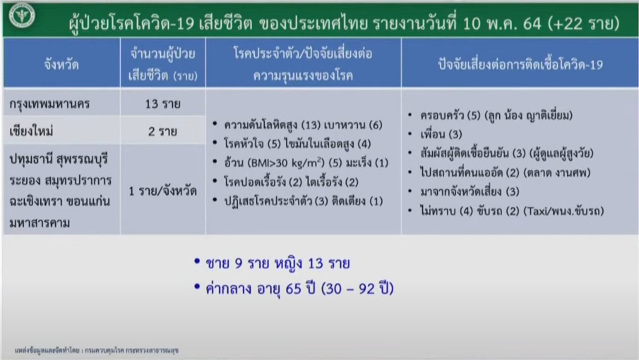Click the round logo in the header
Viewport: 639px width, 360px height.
[x=22, y=15]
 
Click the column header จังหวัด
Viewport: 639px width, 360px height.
[x=61, y=64]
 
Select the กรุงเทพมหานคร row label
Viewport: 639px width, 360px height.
[x=49, y=104]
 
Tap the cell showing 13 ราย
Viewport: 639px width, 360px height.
[x=162, y=104]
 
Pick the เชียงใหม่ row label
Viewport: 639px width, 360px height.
[x=31, y=131]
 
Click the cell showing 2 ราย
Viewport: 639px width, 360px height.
[x=162, y=131]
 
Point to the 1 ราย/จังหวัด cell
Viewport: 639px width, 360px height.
[x=162, y=191]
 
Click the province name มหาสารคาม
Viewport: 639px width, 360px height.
[x=40, y=223]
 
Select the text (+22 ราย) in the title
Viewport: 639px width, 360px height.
[x=584, y=23]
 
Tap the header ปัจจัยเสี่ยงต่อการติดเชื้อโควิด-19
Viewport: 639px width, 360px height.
[x=520, y=64]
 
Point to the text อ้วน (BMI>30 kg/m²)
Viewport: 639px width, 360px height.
[x=274, y=162]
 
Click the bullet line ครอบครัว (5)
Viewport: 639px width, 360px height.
[x=496, y=115]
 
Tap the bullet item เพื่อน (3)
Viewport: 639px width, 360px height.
[x=441, y=134]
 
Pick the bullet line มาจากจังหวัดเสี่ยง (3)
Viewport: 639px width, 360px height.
[x=470, y=191]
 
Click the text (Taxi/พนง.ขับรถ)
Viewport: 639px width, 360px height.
[x=563, y=211]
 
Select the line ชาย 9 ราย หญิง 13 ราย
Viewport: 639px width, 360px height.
[x=277, y=263]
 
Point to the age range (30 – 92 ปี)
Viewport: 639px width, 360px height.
[x=357, y=289]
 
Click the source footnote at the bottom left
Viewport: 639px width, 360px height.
[x=97, y=350]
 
